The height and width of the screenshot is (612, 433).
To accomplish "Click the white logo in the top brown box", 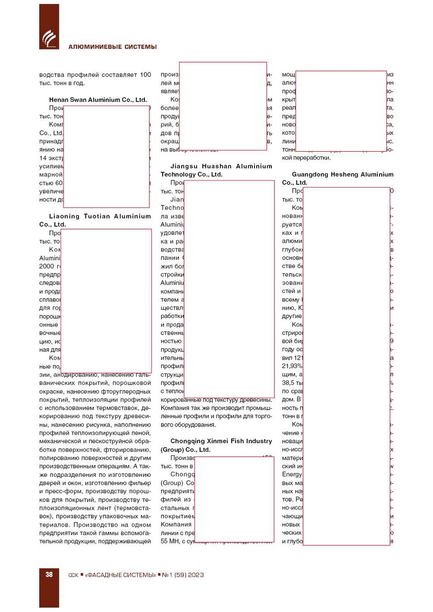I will (x=49, y=38).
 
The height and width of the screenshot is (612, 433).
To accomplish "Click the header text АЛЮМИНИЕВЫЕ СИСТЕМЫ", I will (x=112, y=47).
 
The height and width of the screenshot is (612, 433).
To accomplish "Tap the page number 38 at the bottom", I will (x=49, y=574).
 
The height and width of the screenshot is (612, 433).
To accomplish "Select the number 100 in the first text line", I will (x=145, y=75).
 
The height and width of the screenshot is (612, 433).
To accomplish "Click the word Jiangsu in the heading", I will (x=184, y=166).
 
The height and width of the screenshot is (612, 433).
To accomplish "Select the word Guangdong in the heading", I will (x=310, y=175).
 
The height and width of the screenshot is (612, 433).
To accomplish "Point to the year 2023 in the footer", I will (x=196, y=575).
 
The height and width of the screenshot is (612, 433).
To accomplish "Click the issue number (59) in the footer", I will (x=181, y=575).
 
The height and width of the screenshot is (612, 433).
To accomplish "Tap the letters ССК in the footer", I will (x=73, y=575).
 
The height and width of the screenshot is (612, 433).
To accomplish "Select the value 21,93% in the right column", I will (x=292, y=366).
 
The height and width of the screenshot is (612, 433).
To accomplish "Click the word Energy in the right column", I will (x=292, y=474).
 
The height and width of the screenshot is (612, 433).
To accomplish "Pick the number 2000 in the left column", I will (x=46, y=266).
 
